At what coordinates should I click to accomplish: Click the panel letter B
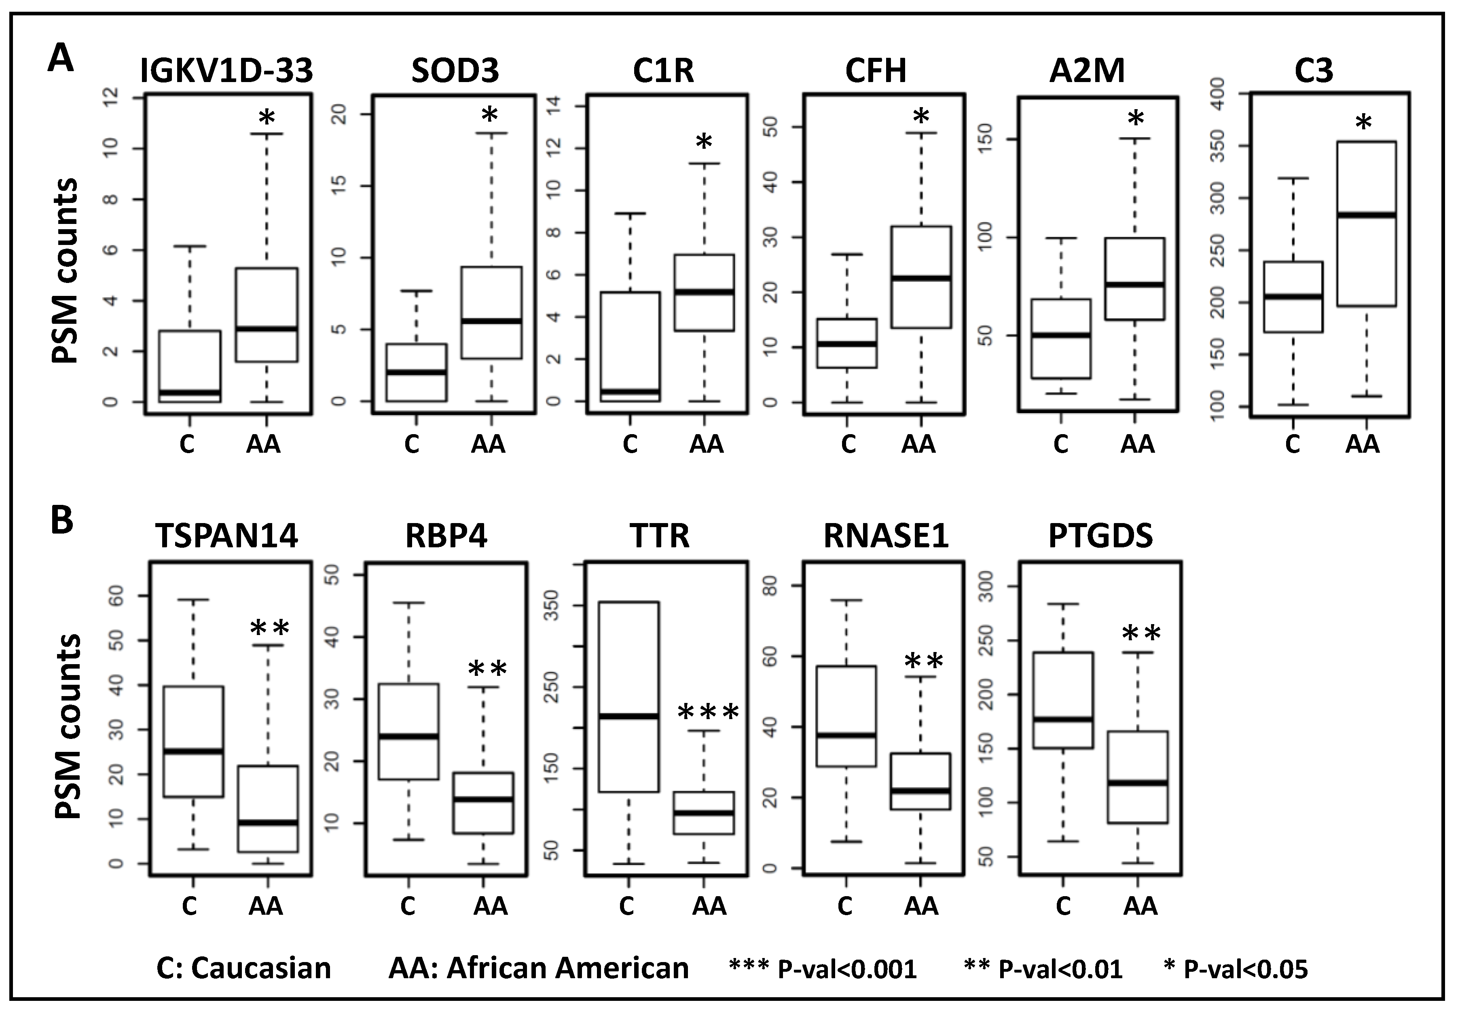62,520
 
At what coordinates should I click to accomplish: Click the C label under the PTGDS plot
1063,906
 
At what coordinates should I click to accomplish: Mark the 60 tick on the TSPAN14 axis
118,595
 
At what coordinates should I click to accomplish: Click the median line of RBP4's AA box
483,799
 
